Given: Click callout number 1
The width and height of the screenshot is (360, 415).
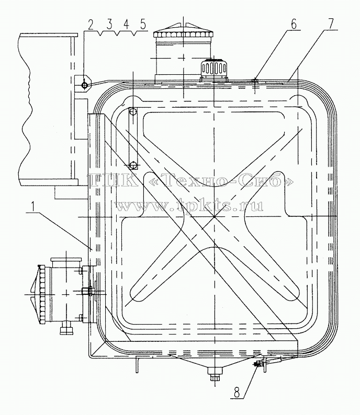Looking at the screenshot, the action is tap(32, 206).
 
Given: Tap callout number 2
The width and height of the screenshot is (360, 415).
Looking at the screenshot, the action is tap(91, 25).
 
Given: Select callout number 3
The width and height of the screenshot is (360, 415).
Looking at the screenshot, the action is tap(109, 25).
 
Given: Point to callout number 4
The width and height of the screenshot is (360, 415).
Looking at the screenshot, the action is tap(126, 25).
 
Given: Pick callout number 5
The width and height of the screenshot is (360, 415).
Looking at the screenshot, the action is tap(143, 25).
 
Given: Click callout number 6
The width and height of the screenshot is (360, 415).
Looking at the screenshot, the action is tap(294, 25).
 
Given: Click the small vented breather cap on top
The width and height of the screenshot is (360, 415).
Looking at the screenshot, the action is tap(214, 68).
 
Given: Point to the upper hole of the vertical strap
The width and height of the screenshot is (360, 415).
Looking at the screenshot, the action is tap(133, 112).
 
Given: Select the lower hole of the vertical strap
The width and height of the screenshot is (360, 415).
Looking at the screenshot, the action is tap(133, 166).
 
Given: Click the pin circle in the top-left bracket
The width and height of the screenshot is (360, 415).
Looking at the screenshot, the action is tap(84, 85).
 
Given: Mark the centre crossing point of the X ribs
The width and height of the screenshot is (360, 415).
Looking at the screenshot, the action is tap(214, 216).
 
